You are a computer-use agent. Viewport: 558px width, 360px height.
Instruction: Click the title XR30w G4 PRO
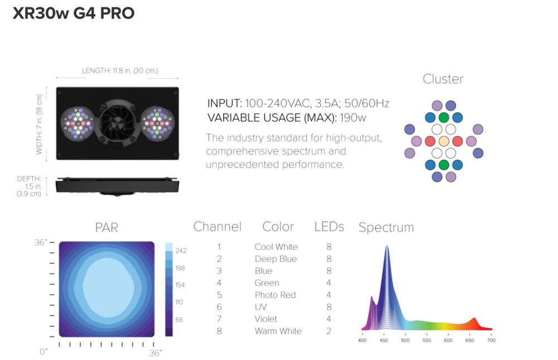[x=74, y=13]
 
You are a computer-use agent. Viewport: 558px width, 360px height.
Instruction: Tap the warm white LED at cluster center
[x=444, y=141]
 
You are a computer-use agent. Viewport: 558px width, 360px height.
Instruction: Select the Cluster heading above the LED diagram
[x=443, y=79]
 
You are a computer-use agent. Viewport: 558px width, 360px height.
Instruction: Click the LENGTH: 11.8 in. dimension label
[x=120, y=70]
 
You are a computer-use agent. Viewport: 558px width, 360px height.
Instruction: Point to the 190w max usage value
[x=353, y=118]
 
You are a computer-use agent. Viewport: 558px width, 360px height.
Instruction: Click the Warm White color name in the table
[x=278, y=331]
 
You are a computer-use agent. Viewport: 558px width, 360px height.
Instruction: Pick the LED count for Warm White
[x=329, y=331]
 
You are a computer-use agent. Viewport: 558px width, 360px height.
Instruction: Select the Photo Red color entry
[x=275, y=295]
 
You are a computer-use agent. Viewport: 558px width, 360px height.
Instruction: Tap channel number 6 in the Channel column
[x=219, y=307]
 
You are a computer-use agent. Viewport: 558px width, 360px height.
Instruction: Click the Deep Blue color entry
[x=276, y=259]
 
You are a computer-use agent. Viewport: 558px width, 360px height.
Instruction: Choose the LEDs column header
[x=329, y=227]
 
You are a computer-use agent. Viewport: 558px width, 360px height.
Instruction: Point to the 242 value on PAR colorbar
[x=181, y=251]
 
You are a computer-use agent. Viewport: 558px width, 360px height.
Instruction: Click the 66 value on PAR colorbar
[x=179, y=320]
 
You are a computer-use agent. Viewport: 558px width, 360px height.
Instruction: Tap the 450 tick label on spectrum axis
[x=384, y=340]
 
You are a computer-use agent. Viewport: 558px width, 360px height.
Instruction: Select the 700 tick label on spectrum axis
[x=491, y=340]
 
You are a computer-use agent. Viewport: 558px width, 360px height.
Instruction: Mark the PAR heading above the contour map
[x=107, y=228]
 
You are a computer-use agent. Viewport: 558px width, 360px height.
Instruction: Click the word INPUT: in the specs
[x=224, y=104]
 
